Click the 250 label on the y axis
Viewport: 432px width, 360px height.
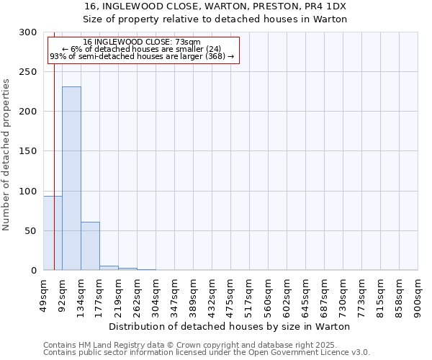point(27,72)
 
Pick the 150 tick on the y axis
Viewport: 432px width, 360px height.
point(27,151)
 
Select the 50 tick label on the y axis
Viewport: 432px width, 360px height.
point(30,231)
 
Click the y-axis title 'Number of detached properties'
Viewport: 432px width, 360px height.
point(6,155)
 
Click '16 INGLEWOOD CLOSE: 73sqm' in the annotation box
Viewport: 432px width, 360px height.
point(142,42)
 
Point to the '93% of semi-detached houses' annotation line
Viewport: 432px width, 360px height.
point(142,56)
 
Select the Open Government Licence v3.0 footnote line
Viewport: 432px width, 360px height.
point(207,353)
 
